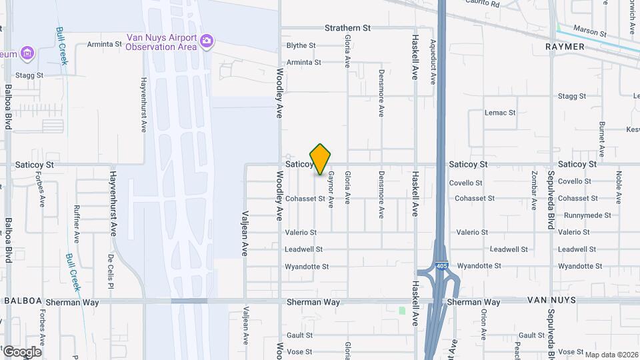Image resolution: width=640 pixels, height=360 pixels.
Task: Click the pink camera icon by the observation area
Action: [207, 41]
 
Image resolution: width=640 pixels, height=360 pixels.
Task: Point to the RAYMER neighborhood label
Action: [565, 47]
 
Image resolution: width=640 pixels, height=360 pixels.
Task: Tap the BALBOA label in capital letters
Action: [24, 301]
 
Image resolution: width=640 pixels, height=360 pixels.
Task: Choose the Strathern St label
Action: [347, 28]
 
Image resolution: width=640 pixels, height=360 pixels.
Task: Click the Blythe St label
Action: [301, 45]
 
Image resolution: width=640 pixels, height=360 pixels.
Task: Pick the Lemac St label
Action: [500, 113]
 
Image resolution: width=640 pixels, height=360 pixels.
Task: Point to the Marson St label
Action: [590, 33]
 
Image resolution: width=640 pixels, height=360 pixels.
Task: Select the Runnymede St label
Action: [587, 215]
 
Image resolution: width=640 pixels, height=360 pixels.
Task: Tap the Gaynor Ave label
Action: [331, 189]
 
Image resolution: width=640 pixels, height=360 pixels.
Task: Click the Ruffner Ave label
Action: [77, 223]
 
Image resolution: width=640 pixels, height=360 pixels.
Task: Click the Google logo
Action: [22, 351]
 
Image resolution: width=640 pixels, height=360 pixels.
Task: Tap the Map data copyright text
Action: [611, 354]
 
